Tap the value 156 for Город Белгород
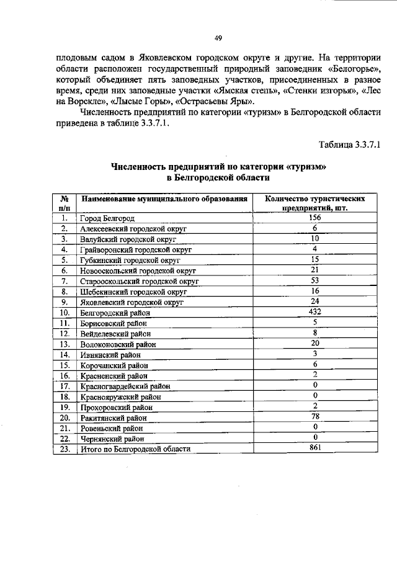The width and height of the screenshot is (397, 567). pyautogui.click(x=315, y=218)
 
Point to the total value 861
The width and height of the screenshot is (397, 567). pyautogui.click(x=315, y=448)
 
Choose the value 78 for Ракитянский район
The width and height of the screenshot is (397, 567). pyautogui.click(x=315, y=417)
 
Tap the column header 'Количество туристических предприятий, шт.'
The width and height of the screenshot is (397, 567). pyautogui.click(x=315, y=203)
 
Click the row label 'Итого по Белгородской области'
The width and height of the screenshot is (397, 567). pyautogui.click(x=135, y=449)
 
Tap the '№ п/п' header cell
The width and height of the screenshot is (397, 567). pyautogui.click(x=64, y=203)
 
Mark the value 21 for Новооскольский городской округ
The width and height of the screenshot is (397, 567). pyautogui.click(x=315, y=270)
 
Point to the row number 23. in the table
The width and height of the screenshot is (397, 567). pyautogui.click(x=64, y=449)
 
